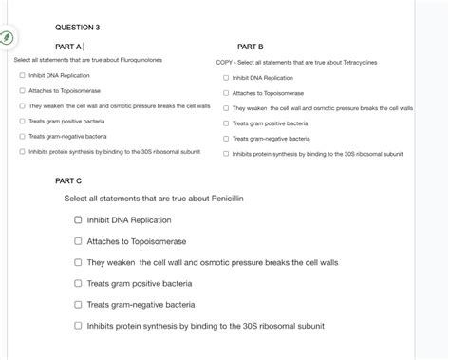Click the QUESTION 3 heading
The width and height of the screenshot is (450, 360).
pyautogui.click(x=78, y=27)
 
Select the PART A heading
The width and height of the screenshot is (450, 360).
pyautogui.click(x=69, y=46)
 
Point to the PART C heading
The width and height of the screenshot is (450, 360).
pyautogui.click(x=69, y=180)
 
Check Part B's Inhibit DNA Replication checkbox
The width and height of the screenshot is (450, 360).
pyautogui.click(x=226, y=78)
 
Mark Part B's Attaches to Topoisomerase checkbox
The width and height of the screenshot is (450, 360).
pyautogui.click(x=226, y=93)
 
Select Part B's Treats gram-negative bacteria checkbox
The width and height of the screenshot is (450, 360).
pyautogui.click(x=226, y=139)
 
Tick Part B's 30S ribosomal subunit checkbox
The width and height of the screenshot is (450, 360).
pyautogui.click(x=226, y=154)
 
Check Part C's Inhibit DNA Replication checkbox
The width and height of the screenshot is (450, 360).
pyautogui.click(x=79, y=220)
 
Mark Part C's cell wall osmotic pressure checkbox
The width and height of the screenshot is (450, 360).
pyautogui.click(x=79, y=262)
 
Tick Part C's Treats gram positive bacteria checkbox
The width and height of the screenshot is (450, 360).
pyautogui.click(x=79, y=283)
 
